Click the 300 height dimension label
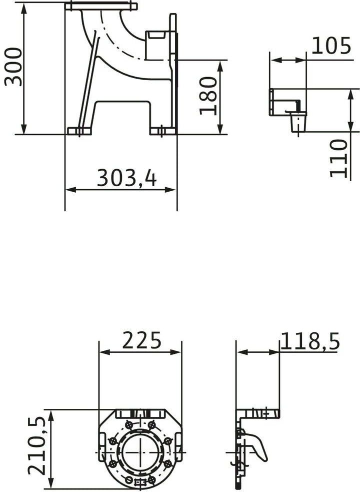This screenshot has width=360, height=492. click(13, 67)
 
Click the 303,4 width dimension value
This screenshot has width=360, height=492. click(126, 178)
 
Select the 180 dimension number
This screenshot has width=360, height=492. click(208, 96)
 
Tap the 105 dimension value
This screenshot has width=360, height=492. click(331, 46)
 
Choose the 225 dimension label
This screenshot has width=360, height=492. click(141, 340)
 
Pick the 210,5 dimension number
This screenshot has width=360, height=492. click(37, 446)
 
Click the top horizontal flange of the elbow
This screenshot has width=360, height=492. click(100, 6)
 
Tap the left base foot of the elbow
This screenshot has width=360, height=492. click(79, 131)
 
